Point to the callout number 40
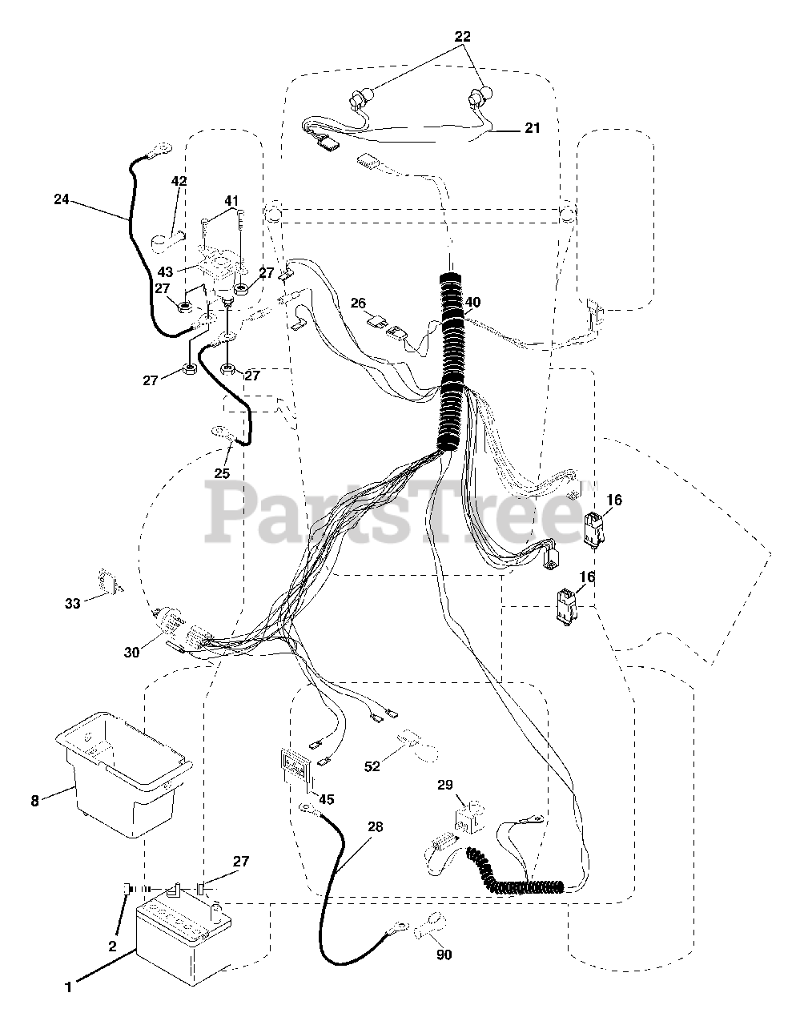473,302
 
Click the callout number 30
131,652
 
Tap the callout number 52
372,766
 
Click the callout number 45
325,798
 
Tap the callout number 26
359,303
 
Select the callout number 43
166,272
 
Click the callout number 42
179,181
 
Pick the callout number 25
222,472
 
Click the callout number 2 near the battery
112,946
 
